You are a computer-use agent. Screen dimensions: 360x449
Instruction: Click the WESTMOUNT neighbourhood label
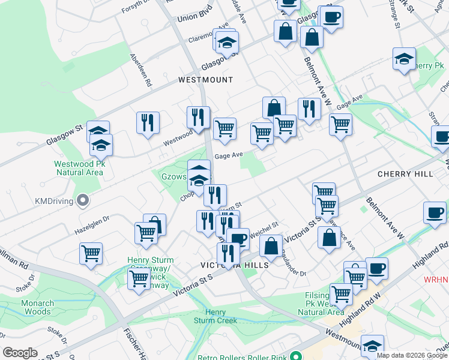coord(205,80)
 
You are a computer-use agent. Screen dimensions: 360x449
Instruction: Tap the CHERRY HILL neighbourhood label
coord(405,174)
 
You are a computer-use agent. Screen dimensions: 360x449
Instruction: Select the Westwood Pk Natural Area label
coord(79,167)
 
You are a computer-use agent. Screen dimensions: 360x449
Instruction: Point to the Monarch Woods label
coord(37,307)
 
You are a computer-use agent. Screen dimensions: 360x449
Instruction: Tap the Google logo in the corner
coord(20,353)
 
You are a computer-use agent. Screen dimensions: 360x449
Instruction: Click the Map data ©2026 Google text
coord(412,355)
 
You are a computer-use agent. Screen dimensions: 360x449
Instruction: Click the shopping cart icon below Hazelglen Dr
coord(91,253)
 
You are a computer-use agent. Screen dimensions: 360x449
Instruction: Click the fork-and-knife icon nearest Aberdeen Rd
coord(147,123)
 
